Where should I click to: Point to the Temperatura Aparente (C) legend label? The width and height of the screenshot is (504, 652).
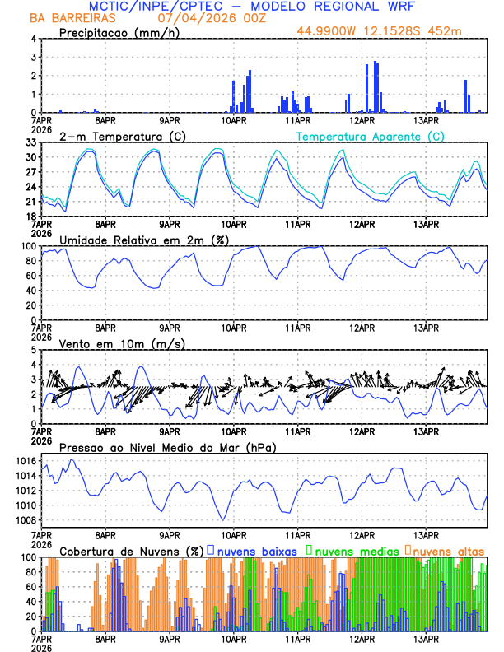point(370,136)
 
